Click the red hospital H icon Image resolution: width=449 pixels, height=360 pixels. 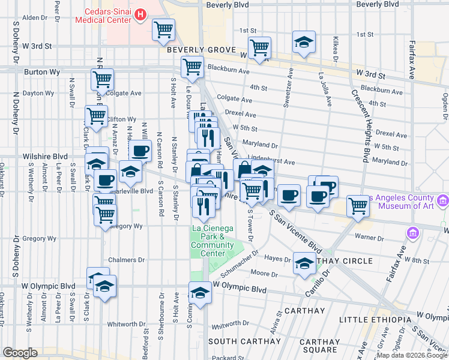(x=140, y=14)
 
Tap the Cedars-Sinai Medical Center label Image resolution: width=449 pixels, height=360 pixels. (x=104, y=14)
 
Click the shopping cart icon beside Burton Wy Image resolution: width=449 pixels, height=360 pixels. (x=102, y=79)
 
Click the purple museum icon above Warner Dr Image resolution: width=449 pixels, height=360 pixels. (x=412, y=232)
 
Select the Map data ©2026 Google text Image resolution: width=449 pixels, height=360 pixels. (x=411, y=355)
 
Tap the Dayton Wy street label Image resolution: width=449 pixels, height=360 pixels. (x=38, y=94)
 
